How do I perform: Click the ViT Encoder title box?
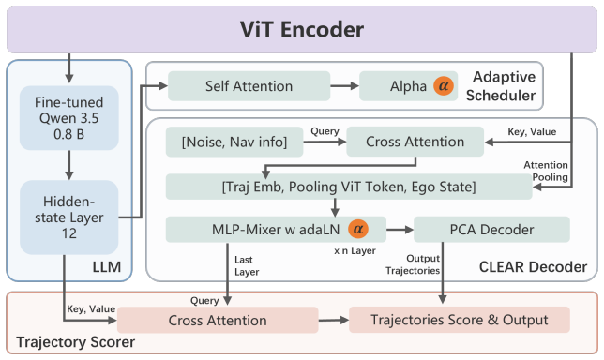pos(302,29)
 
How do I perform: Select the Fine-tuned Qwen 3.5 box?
pos(69,118)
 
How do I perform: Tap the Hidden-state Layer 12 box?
pos(69,217)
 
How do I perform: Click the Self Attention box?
pos(249,86)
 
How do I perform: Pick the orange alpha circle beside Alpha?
pos(444,86)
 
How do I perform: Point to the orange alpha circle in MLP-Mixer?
pos(358,229)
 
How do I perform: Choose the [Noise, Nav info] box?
pos(234,142)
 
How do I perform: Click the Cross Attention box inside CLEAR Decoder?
pos(415,142)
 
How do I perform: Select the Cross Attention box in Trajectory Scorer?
pos(218,320)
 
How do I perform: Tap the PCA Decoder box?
pos(491,230)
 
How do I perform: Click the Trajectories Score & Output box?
pos(460,320)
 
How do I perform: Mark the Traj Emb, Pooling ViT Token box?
pos(349,187)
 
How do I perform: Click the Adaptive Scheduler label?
pos(501,86)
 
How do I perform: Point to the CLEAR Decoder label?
pos(533,267)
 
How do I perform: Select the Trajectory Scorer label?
pos(75,342)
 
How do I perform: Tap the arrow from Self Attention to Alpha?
pos(345,86)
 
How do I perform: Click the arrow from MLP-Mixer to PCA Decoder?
pos(400,230)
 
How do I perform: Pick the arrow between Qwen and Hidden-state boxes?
pos(69,165)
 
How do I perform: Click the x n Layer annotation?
pos(355,250)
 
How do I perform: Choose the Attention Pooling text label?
pos(546,171)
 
